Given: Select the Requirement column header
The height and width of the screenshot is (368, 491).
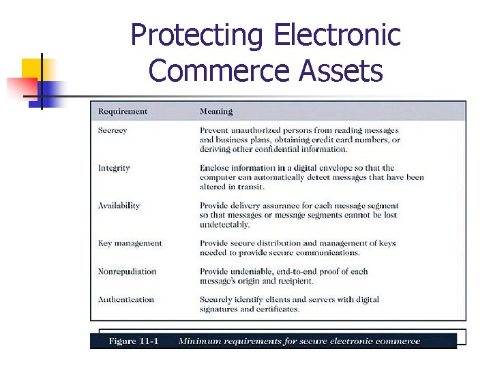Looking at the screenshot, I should coord(123,111).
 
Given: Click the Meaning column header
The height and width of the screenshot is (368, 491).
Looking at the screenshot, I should coord(216,111).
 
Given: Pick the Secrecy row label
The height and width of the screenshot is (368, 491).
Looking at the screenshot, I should coord(113,130).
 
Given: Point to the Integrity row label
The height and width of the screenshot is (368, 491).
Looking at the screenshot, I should coord(114,168).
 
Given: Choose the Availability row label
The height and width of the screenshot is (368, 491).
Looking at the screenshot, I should coord(119,205).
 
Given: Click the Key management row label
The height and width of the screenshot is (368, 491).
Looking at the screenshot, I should coord(130,243).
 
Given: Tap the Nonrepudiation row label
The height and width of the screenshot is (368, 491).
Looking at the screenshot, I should coord(127,271).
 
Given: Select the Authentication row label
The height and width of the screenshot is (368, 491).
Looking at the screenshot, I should coord(126,299).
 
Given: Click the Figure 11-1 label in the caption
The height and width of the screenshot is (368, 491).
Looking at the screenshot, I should coord(134,341).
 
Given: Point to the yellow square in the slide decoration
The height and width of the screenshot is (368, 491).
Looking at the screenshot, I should coord(33,70).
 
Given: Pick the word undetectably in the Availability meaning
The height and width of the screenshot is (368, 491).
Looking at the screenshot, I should coord(225,224).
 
